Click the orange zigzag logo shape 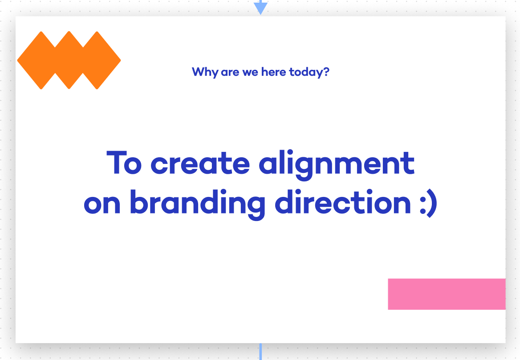pos(69,61)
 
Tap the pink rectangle pos(447,294)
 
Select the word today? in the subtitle pos(309,72)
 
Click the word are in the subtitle pos(230,73)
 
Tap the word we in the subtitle pos(250,73)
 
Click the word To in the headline pos(124,163)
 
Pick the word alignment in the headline pos(337,165)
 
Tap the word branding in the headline pos(197,205)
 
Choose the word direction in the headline pos(343,202)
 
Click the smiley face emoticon pos(428,203)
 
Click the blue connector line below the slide pos(260,352)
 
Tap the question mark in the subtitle pos(326,71)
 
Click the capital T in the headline pos(117,163)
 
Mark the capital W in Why pos(198,72)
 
